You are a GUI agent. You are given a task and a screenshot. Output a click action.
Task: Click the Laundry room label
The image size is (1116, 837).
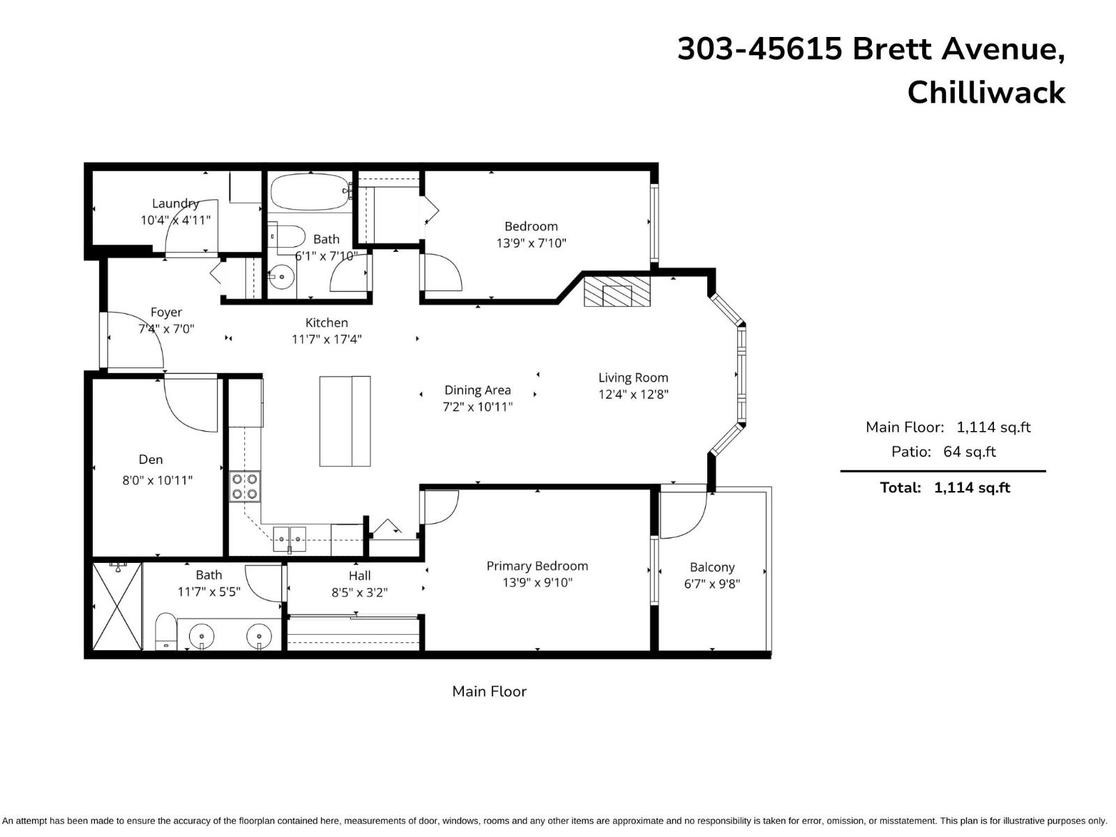point(175,204)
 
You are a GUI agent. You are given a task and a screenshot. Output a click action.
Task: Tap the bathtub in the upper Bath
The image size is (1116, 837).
point(309,192)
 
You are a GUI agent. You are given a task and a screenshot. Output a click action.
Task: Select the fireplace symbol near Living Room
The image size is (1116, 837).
point(617,292)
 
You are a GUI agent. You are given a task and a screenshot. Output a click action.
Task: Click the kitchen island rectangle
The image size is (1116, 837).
point(345,421)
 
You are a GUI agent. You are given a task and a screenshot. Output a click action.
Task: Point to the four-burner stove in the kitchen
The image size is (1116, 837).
point(245,486)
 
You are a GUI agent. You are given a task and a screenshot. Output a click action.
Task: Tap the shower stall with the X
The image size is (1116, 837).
point(117,607)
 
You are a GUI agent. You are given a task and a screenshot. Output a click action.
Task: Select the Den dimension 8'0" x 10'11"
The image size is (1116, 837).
point(157,480)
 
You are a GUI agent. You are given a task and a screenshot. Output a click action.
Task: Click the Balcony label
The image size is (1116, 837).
point(711,567)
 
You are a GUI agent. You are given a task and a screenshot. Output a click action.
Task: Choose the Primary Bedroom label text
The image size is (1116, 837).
point(537,566)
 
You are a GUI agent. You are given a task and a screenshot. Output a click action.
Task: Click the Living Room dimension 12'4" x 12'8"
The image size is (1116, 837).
point(633,394)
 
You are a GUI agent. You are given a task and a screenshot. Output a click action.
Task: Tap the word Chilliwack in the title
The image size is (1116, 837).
point(986,93)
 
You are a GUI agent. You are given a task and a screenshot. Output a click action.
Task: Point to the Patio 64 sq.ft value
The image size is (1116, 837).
point(969,451)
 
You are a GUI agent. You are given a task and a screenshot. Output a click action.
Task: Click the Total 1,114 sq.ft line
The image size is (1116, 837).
point(944,488)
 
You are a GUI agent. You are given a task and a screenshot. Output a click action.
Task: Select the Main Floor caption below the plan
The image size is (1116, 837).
point(489,691)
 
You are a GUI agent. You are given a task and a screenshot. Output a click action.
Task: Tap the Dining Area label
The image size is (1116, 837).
point(477,390)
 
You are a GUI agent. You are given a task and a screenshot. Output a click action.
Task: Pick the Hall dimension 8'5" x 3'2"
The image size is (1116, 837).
point(359,592)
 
